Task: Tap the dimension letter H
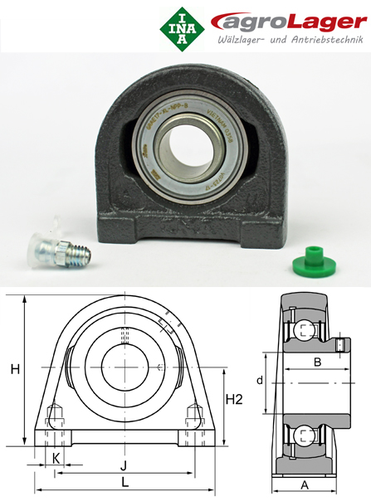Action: [x=15, y=370]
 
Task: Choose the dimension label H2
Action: [x=236, y=400]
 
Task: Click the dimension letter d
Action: [x=259, y=382]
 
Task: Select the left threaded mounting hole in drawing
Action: [x=56, y=417]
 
